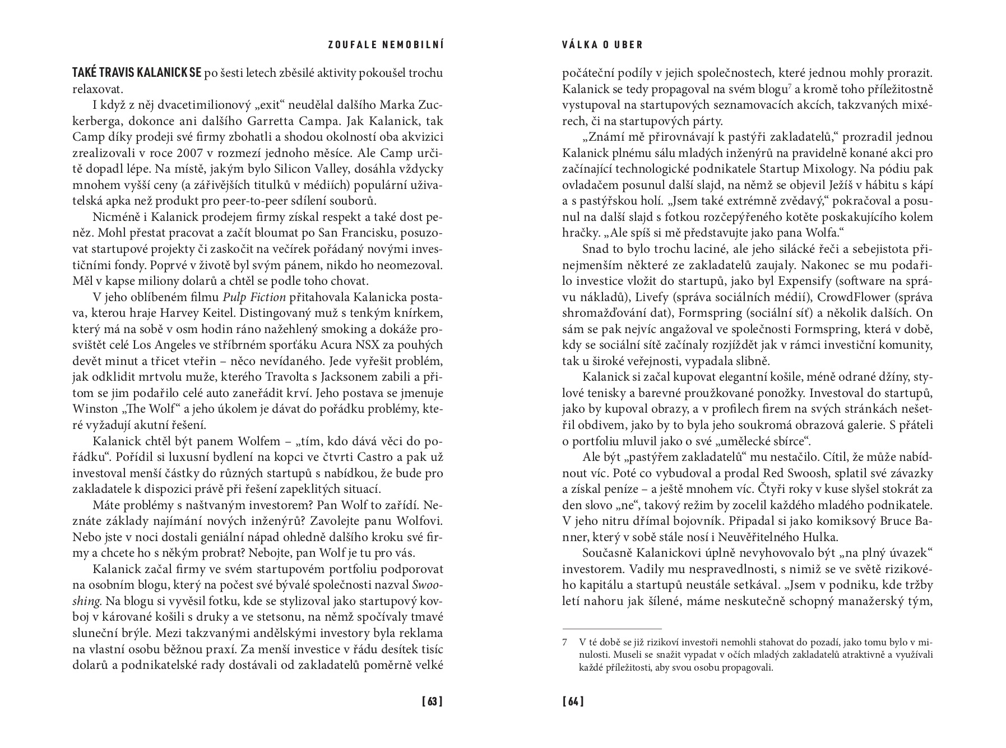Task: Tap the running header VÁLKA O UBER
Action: tap(602, 45)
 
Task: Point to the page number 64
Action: tap(573, 701)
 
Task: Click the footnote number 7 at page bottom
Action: tap(565, 641)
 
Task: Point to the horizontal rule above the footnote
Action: tap(611, 629)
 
